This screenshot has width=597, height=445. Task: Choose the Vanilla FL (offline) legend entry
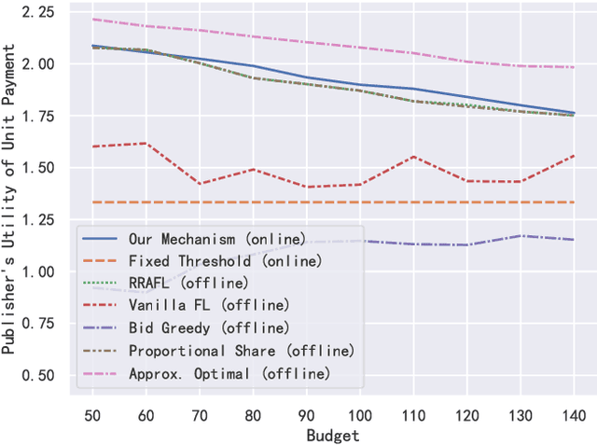(x=183, y=305)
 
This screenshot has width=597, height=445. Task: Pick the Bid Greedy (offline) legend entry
(x=183, y=327)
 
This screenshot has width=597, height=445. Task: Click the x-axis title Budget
(x=333, y=435)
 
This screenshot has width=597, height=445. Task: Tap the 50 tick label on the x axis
(x=91, y=413)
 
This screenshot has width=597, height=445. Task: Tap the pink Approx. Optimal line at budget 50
(x=91, y=19)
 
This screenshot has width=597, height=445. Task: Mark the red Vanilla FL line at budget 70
(x=199, y=184)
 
